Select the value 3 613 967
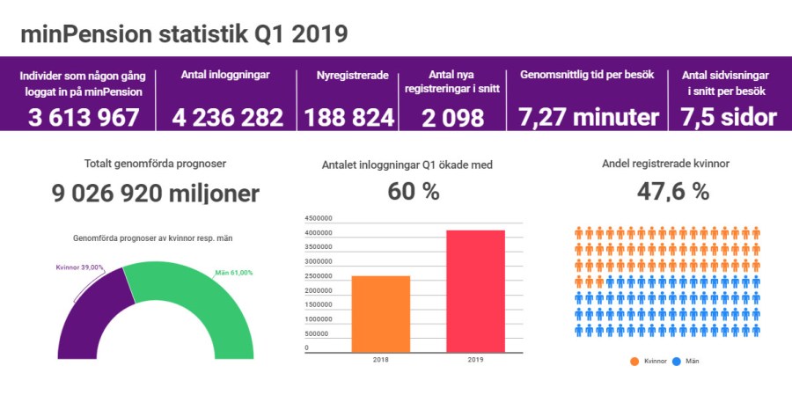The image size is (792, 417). point(84,117)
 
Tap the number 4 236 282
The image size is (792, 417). point(228,117)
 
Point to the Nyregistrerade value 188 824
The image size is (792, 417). point(349,117)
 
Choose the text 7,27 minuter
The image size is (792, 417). point(588,117)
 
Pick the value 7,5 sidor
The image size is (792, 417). point(728,117)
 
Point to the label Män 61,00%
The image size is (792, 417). point(234,273)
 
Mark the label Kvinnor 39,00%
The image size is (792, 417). point(79,267)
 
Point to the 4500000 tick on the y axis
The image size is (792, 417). point(319,218)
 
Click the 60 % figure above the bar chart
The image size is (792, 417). point(414,192)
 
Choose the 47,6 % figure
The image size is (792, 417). point(667,192)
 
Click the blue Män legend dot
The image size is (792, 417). point(677,362)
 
